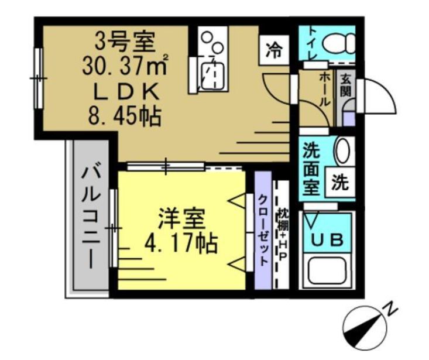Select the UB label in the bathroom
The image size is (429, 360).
tap(327, 239)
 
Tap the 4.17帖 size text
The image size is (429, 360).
tap(181, 241)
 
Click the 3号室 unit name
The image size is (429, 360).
tap(125, 41)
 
